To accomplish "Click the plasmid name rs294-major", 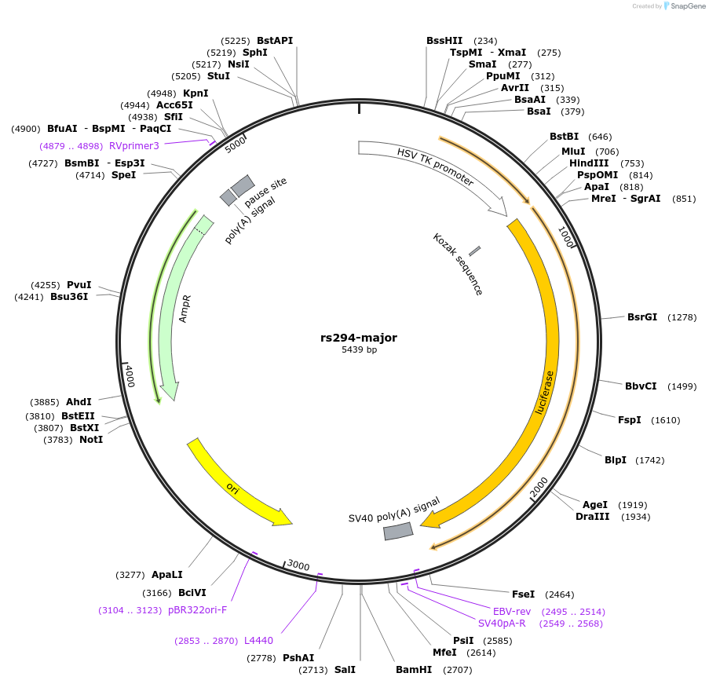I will [359, 338].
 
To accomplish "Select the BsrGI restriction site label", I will [641, 317].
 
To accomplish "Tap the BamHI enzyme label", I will [414, 670].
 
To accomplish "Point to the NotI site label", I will [91, 439].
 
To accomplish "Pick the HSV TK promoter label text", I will [435, 169].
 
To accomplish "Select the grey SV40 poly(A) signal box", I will [398, 532].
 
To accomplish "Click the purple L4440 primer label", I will [258, 641].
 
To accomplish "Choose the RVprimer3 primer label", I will [134, 145].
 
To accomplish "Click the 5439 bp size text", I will [359, 350].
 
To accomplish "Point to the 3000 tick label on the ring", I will [298, 565].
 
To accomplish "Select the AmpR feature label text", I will [185, 309].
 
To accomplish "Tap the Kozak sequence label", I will [458, 264].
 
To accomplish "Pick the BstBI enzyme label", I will [564, 137].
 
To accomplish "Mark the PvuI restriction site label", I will [79, 285].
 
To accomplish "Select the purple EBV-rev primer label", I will [512, 611].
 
